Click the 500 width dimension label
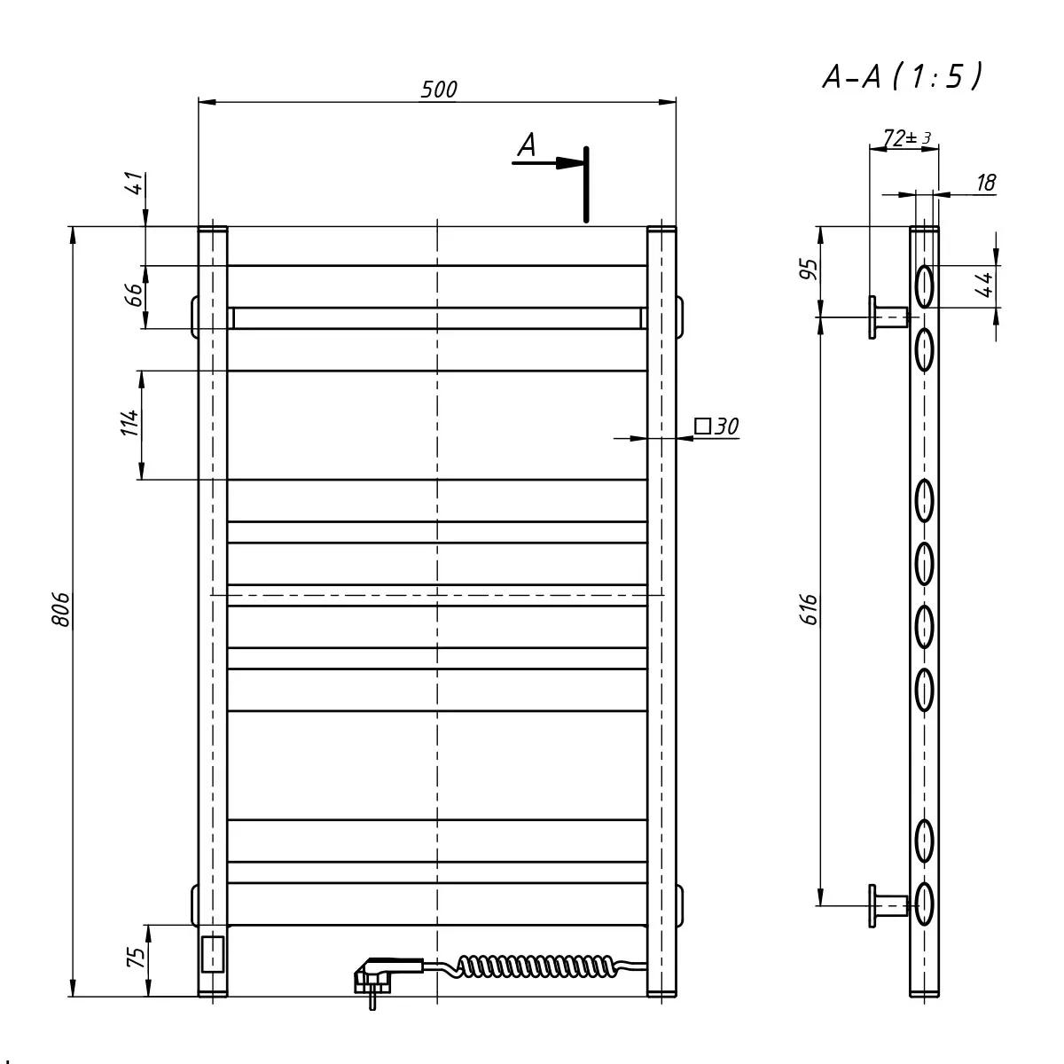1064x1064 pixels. (x=439, y=90)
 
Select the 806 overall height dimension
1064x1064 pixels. (x=61, y=609)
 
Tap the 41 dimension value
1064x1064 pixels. (x=136, y=183)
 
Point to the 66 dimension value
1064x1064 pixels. (x=134, y=295)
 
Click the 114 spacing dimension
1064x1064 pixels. (x=129, y=423)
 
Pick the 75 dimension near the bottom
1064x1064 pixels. (x=137, y=957)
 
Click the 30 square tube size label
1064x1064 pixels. (x=716, y=426)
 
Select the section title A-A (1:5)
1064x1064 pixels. (x=903, y=75)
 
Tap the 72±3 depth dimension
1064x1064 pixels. (x=907, y=137)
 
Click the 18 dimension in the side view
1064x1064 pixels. (x=986, y=183)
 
